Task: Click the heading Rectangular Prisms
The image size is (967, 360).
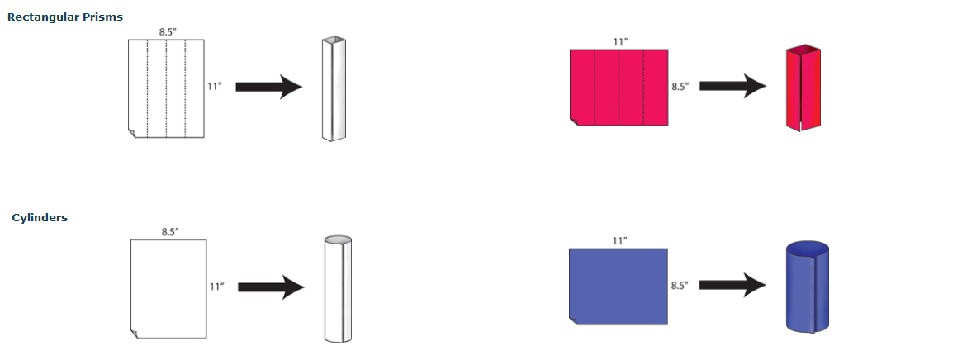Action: pyautogui.click(x=65, y=17)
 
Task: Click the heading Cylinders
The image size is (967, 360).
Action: pyautogui.click(x=40, y=218)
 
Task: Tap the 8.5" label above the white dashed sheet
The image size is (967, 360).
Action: pyautogui.click(x=167, y=32)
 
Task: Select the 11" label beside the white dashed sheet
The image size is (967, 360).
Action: pyautogui.click(x=214, y=86)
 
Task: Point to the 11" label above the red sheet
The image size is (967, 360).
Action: pyautogui.click(x=620, y=41)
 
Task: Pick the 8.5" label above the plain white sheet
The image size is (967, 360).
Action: pyautogui.click(x=169, y=232)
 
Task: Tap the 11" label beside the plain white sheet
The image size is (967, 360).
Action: pyautogui.click(x=216, y=287)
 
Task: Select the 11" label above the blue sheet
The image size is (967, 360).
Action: pyautogui.click(x=619, y=240)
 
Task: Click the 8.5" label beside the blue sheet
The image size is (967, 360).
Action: pyautogui.click(x=679, y=286)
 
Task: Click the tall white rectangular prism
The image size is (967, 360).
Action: pyautogui.click(x=333, y=88)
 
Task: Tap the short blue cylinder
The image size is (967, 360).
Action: pyautogui.click(x=807, y=287)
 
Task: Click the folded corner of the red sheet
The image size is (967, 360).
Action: pyautogui.click(x=575, y=121)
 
